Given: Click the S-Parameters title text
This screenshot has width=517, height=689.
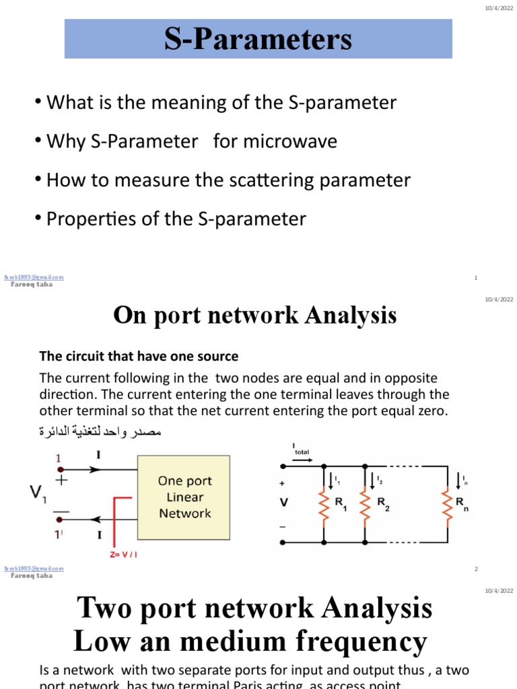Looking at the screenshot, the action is [x=258, y=39].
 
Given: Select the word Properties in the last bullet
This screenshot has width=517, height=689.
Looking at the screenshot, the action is [x=84, y=219].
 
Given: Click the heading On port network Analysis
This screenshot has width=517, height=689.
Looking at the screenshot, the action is [x=255, y=315].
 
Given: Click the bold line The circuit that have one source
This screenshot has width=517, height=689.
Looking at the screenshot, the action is [x=139, y=356].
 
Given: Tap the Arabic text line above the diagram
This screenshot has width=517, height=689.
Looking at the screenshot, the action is [x=101, y=431].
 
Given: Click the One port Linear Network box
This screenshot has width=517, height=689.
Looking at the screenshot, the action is [x=184, y=497].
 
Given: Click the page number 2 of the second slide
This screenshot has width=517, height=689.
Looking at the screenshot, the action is [x=476, y=569].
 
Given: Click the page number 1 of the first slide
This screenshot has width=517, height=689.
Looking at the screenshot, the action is [x=476, y=277].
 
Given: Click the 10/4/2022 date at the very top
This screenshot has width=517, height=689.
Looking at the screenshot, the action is [x=499, y=7].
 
